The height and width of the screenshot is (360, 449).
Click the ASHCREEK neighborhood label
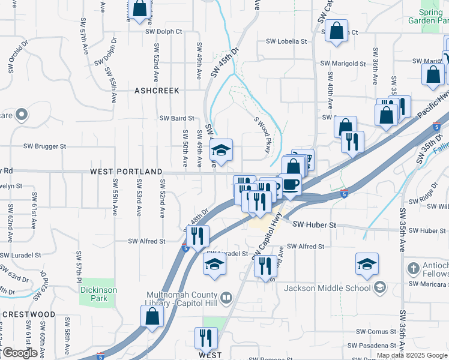157,91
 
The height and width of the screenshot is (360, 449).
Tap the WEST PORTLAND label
126,172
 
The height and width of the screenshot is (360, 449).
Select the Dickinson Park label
98,293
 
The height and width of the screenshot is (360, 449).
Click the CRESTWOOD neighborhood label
28,314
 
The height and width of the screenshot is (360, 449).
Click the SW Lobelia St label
286,42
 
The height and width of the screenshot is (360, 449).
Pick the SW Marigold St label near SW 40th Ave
343,63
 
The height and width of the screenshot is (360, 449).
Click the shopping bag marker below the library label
152,316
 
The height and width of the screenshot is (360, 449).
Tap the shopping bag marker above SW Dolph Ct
139,9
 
